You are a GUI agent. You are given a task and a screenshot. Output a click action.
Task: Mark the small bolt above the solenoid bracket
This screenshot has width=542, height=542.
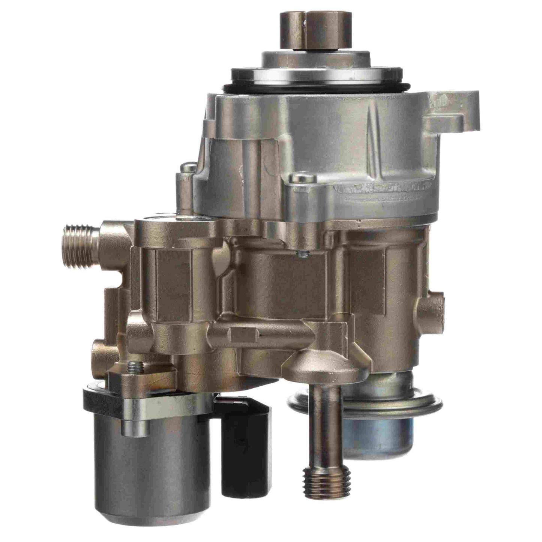(x=134, y=368)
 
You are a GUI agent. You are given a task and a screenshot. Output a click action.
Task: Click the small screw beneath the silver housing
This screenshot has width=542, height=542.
(x=302, y=254)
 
